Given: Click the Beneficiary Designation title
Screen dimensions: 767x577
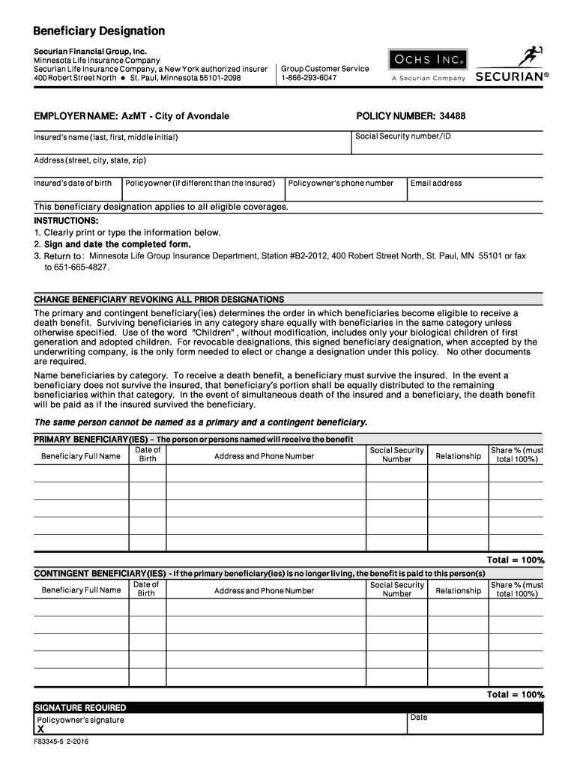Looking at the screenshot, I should coord(99,31).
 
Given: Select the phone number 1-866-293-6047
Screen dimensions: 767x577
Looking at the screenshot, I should coord(309,78).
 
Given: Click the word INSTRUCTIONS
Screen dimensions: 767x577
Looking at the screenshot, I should coord(66,222).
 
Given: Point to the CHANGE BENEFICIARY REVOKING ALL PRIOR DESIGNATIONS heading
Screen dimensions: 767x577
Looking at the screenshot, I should coord(159,299).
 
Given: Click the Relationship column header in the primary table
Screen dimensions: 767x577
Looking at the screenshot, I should coord(458,456).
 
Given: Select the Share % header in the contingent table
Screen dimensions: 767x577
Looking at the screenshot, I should coord(516,589).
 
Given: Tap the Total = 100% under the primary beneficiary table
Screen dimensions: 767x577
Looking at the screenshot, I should coord(516,560).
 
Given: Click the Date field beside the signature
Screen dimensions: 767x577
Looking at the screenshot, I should coord(474,724).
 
